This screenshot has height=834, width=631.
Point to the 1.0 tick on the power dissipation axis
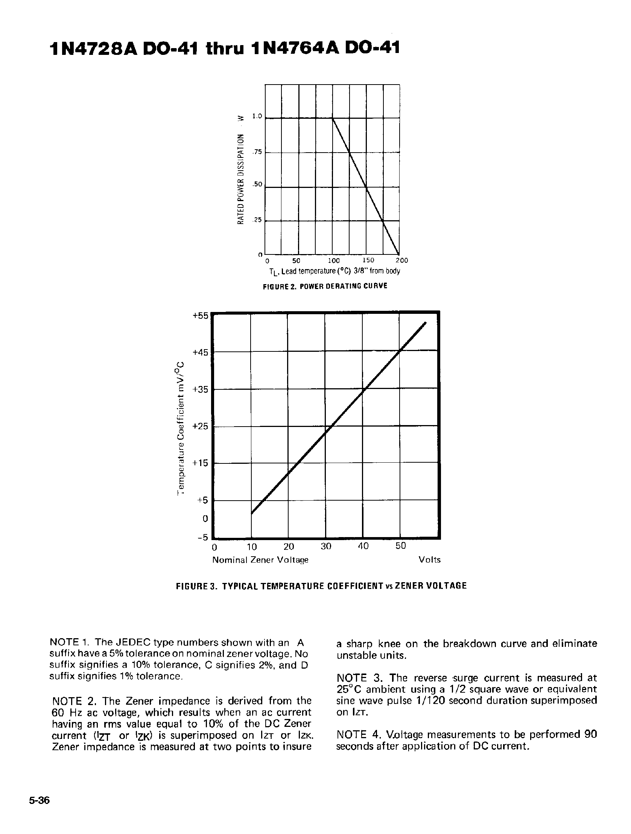[257, 117]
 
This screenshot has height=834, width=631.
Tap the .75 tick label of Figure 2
[257, 152]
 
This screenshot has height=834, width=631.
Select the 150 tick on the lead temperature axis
[368, 260]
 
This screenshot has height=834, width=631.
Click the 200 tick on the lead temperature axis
[401, 260]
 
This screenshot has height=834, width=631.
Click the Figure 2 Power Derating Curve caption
[325, 286]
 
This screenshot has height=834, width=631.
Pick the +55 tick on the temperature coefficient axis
[200, 316]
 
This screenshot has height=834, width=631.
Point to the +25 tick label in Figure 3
[200, 426]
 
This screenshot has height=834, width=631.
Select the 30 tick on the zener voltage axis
[326, 546]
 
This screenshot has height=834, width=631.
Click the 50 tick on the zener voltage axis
[400, 546]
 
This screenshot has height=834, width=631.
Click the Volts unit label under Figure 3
[429, 560]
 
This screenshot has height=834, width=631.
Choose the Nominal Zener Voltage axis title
[260, 560]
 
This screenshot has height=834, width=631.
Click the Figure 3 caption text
[321, 586]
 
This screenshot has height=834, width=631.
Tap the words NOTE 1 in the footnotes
[70, 642]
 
